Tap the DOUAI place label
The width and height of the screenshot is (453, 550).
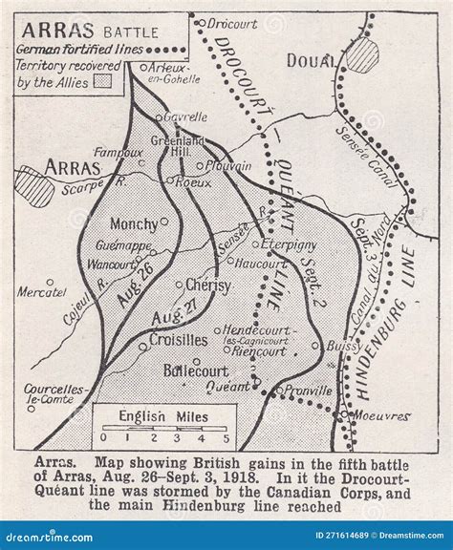point(313,61)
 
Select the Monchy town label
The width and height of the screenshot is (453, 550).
point(132,224)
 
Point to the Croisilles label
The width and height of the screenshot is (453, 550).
point(178,340)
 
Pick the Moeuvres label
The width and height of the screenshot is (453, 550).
point(382,416)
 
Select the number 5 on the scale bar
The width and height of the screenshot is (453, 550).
point(226,438)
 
